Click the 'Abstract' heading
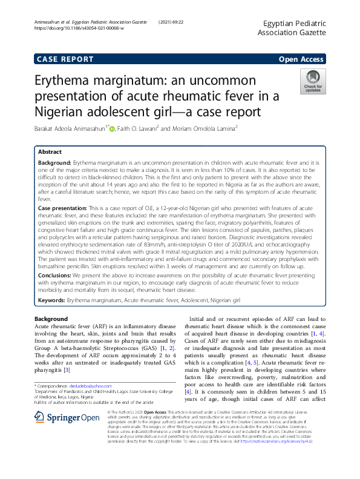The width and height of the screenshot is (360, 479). pos(50,152)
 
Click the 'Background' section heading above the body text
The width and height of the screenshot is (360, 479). pos(51,319)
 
